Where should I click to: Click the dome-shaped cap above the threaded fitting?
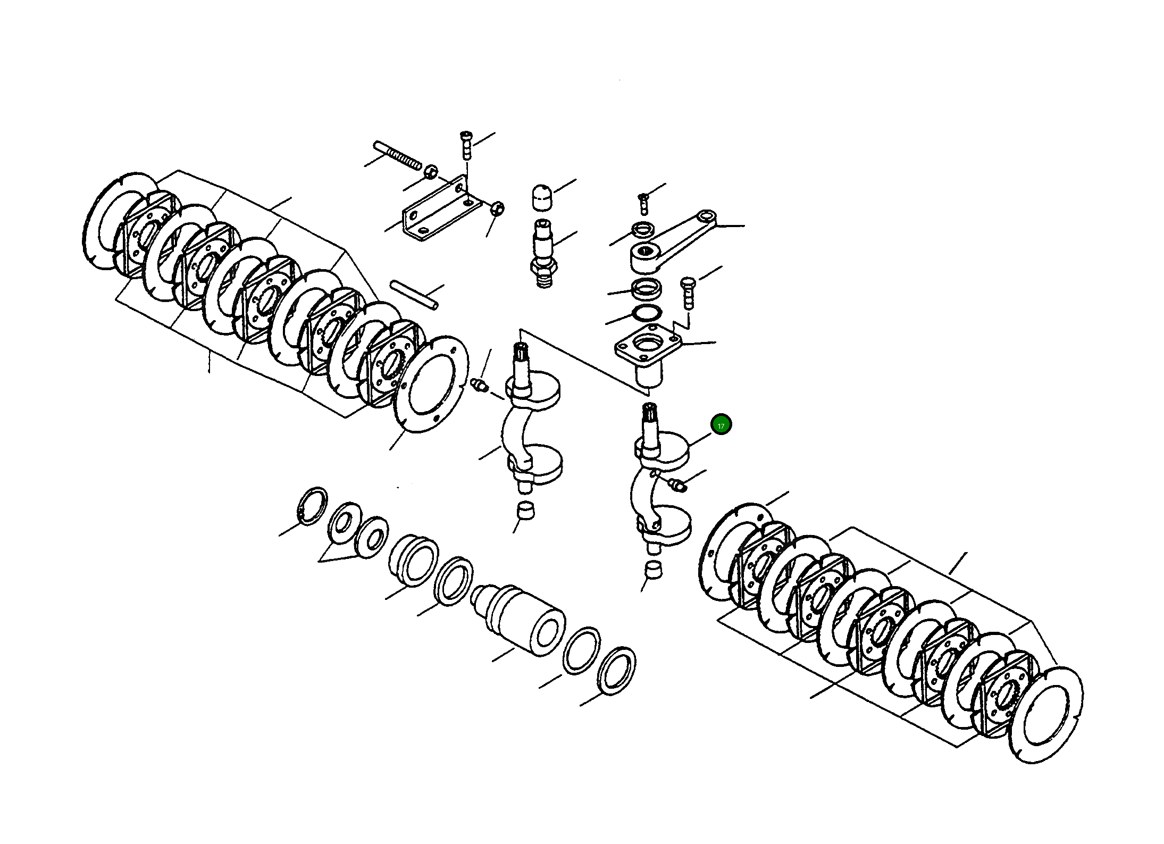click(x=542, y=198)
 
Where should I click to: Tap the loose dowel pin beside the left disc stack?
click(x=414, y=294)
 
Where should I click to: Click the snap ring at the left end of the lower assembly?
click(x=312, y=505)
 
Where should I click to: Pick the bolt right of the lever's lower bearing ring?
click(x=688, y=293)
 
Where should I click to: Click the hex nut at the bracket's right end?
click(x=497, y=209)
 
